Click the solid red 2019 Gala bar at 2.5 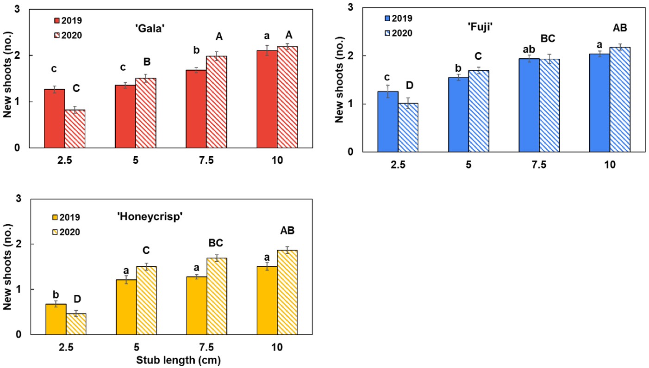(54, 118)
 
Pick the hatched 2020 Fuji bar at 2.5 (408, 128)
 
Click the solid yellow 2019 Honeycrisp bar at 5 (126, 307)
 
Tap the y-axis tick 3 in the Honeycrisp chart (19, 199)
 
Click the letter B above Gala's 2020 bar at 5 (146, 62)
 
